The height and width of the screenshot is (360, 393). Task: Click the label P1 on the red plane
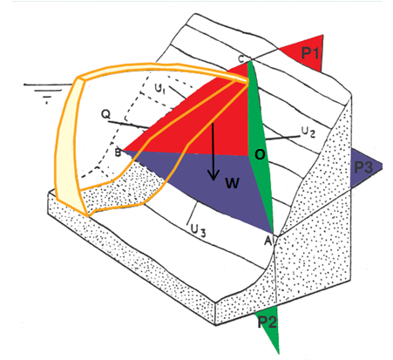pyautogui.click(x=310, y=53)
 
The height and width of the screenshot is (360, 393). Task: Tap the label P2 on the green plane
pyautogui.click(x=268, y=322)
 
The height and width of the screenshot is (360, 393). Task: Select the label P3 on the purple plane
pyautogui.click(x=363, y=167)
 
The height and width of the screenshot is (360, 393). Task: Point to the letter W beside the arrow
pyautogui.click(x=232, y=183)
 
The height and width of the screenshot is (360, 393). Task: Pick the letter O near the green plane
pyautogui.click(x=260, y=154)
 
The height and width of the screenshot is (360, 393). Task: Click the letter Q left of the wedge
pyautogui.click(x=106, y=114)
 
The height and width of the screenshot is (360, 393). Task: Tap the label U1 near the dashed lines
pyautogui.click(x=159, y=88)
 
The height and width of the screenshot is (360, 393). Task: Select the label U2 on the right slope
pyautogui.click(x=308, y=132)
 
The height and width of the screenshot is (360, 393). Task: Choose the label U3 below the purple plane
pyautogui.click(x=198, y=231)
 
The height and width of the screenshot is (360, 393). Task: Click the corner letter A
pyautogui.click(x=268, y=241)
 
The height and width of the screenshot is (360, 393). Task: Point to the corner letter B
pyautogui.click(x=118, y=153)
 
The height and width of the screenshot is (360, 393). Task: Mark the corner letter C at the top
pyautogui.click(x=241, y=59)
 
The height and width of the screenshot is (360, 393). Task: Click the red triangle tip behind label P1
pyautogui.click(x=322, y=36)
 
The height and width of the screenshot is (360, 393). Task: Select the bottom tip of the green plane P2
pyautogui.click(x=279, y=353)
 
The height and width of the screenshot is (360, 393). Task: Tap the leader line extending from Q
pyautogui.click(x=128, y=125)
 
